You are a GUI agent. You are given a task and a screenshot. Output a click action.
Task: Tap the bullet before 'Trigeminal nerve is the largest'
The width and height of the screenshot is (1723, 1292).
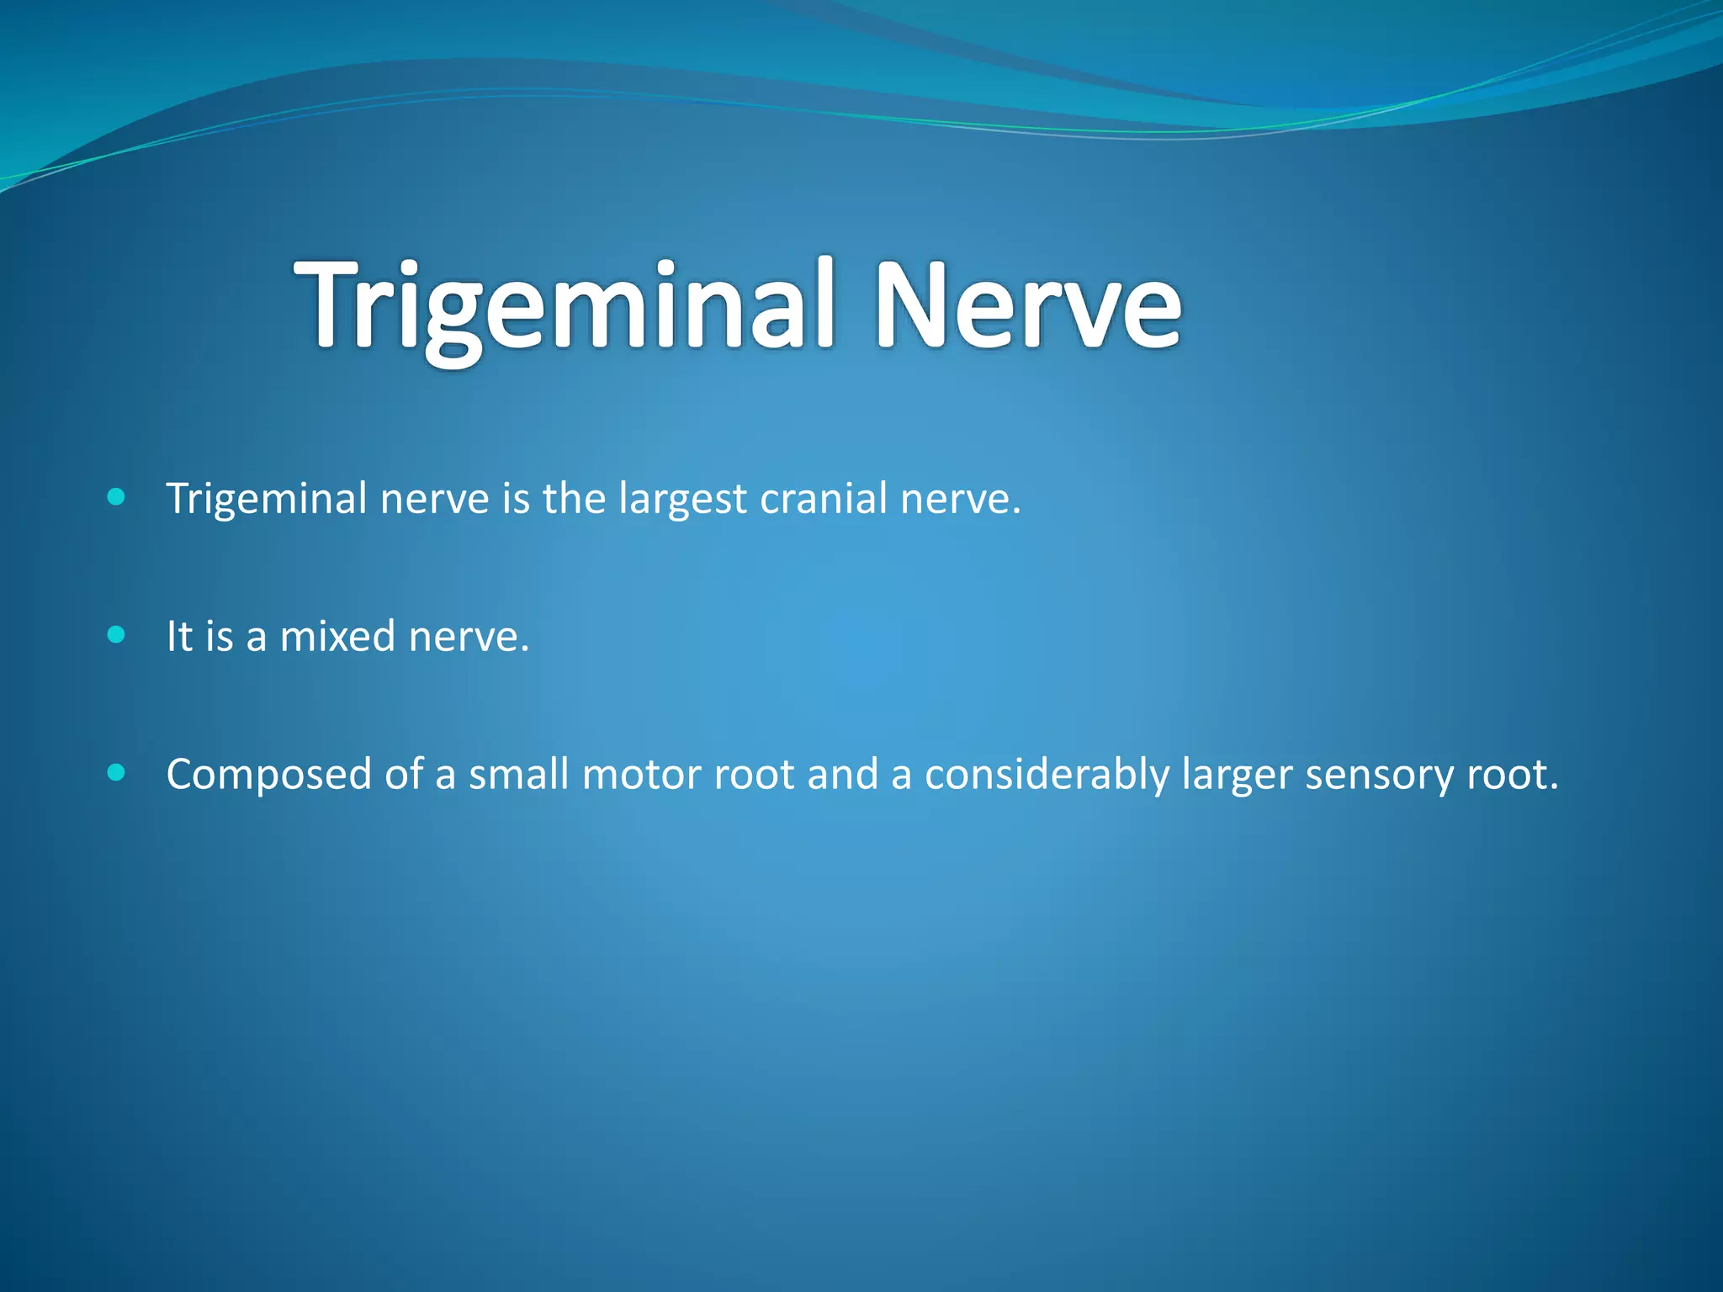click(117, 497)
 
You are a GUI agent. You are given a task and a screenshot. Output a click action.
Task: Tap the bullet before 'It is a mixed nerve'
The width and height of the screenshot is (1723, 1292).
click(117, 635)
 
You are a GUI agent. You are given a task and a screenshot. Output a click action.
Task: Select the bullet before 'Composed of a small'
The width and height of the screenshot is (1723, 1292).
click(117, 773)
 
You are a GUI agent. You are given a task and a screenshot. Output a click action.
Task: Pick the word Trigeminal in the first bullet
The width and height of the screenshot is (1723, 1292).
click(267, 500)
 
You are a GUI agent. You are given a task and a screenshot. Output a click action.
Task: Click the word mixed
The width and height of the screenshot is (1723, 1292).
click(337, 637)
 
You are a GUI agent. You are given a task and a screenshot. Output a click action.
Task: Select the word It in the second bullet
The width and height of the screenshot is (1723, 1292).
click(178, 637)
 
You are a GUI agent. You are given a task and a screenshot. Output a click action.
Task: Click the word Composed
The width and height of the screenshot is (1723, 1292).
click(268, 776)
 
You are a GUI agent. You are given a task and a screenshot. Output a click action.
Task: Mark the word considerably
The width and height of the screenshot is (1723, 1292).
click(1047, 776)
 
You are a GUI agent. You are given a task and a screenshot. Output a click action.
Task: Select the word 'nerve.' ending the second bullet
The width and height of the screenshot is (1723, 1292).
click(469, 637)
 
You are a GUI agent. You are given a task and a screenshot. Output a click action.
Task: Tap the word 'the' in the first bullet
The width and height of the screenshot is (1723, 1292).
click(574, 498)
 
